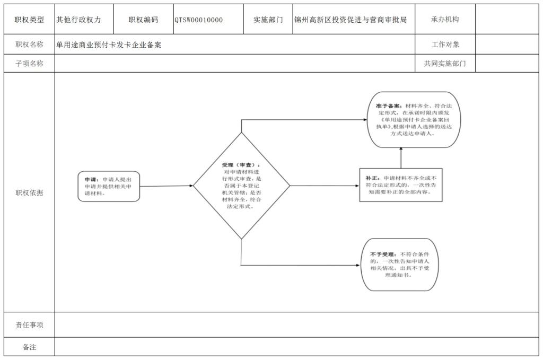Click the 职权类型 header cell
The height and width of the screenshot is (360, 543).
click(29, 20)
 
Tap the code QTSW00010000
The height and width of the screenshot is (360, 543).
click(199, 20)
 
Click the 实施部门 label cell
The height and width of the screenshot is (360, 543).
click(268, 20)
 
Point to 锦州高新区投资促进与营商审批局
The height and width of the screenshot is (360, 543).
click(351, 20)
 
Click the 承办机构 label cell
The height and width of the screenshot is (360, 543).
click(445, 20)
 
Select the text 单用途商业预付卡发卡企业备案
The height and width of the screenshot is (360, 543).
click(109, 45)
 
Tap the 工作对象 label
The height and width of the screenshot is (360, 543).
click(445, 45)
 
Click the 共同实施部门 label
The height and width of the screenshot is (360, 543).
click(445, 64)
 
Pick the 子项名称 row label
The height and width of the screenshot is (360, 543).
click(29, 64)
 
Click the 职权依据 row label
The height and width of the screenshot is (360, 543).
click(29, 192)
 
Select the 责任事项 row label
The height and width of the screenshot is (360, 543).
click(29, 325)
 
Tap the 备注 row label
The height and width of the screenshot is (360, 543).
click(29, 347)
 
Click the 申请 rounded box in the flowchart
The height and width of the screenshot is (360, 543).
click(109, 186)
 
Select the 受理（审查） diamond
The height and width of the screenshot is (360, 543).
click(241, 186)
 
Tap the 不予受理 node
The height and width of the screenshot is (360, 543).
click(400, 265)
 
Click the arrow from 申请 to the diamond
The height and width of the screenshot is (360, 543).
click(167, 186)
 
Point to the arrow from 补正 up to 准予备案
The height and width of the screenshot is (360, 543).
click(401, 159)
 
